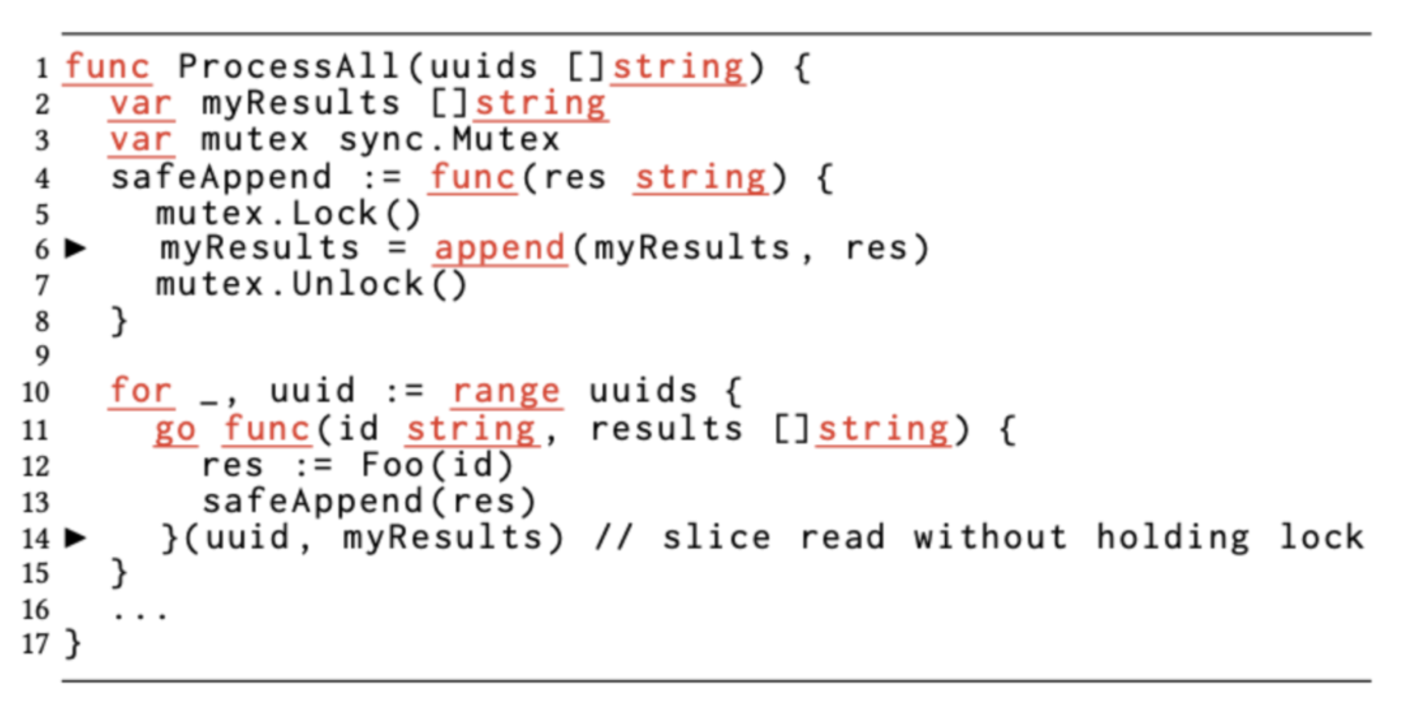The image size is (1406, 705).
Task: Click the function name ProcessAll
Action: [287, 66]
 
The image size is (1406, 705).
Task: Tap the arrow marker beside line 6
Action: [76, 248]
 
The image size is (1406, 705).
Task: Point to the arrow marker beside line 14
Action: [76, 537]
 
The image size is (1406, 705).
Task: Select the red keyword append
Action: [500, 249]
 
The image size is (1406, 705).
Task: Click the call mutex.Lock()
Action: [288, 214]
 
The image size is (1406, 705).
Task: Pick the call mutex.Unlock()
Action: [311, 284]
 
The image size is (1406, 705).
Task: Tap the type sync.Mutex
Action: [449, 140]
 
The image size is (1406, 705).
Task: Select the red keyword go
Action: [176, 431]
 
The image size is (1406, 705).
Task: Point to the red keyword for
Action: [141, 391]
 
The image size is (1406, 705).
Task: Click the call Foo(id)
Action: [437, 465]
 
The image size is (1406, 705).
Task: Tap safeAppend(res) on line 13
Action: [369, 502]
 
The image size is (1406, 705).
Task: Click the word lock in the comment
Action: [1321, 537]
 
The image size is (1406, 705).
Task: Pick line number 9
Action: [42, 356]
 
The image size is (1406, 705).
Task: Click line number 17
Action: [36, 644]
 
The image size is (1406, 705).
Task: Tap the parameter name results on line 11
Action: [666, 429]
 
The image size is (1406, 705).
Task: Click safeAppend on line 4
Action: [221, 177]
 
